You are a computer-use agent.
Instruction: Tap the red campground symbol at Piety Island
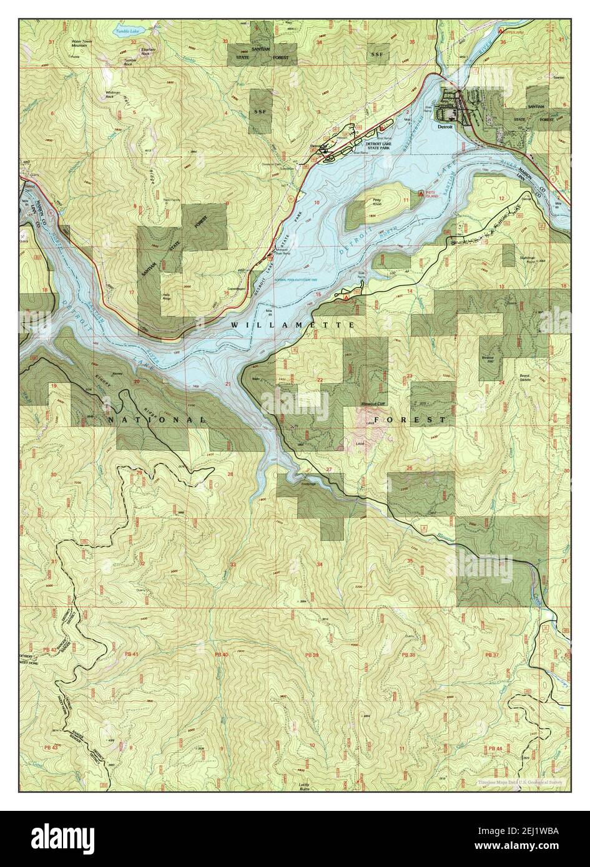click(423, 194)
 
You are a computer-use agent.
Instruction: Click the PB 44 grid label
click(495, 748)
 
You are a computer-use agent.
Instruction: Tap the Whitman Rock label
click(113, 95)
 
